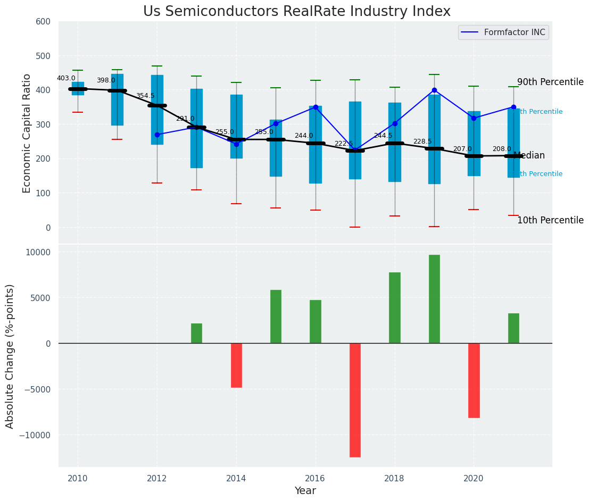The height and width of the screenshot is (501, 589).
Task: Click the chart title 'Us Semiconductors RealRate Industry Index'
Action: point(296,12)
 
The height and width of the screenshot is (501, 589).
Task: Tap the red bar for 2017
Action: point(355,400)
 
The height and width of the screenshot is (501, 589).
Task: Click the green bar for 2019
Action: point(434,299)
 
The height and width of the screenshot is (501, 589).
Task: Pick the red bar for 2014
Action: point(236,365)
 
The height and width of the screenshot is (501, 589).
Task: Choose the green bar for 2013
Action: point(196,333)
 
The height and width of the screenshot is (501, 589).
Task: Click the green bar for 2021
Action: point(513,328)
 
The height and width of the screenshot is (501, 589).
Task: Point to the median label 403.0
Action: point(66,78)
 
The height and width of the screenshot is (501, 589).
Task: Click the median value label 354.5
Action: point(145,96)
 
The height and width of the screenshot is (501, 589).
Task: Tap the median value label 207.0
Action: point(462,149)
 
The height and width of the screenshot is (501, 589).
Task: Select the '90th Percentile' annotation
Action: point(550,82)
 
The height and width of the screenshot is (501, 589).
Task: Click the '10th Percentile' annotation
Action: point(550,220)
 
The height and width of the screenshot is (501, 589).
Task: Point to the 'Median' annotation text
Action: point(529,155)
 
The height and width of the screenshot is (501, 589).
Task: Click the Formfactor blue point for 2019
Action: point(434,90)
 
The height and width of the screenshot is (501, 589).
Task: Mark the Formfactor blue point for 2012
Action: point(157,135)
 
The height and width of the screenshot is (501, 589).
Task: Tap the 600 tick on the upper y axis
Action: point(43,22)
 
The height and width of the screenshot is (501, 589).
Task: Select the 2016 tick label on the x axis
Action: point(315,478)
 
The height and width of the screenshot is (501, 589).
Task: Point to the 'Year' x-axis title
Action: point(305,491)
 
